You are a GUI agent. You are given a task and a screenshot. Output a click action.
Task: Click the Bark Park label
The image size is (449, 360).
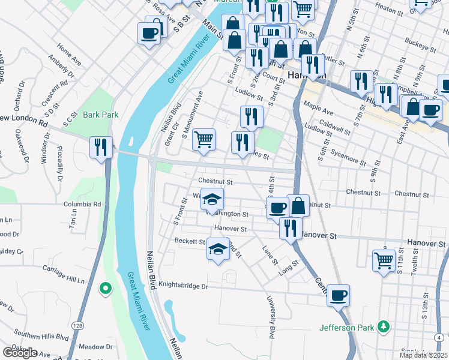(100, 115)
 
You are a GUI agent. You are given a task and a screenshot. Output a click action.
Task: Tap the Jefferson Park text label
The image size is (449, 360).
(346, 328)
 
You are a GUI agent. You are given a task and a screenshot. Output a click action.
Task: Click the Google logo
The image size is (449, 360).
(20, 353)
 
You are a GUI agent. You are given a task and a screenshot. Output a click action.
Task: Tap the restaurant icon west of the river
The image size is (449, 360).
(100, 148)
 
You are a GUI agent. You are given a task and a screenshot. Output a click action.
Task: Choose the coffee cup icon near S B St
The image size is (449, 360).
(149, 34)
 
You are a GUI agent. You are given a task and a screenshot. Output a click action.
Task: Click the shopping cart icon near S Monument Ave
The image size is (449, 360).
(205, 140)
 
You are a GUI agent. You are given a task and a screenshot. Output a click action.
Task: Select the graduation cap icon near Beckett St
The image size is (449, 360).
(218, 249)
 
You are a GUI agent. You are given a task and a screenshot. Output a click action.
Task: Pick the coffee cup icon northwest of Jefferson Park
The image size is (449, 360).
(339, 295)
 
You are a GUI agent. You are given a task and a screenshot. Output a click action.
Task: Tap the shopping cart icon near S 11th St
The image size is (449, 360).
(384, 261)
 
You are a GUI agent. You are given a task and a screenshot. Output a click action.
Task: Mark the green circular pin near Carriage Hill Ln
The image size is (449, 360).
(106, 289)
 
